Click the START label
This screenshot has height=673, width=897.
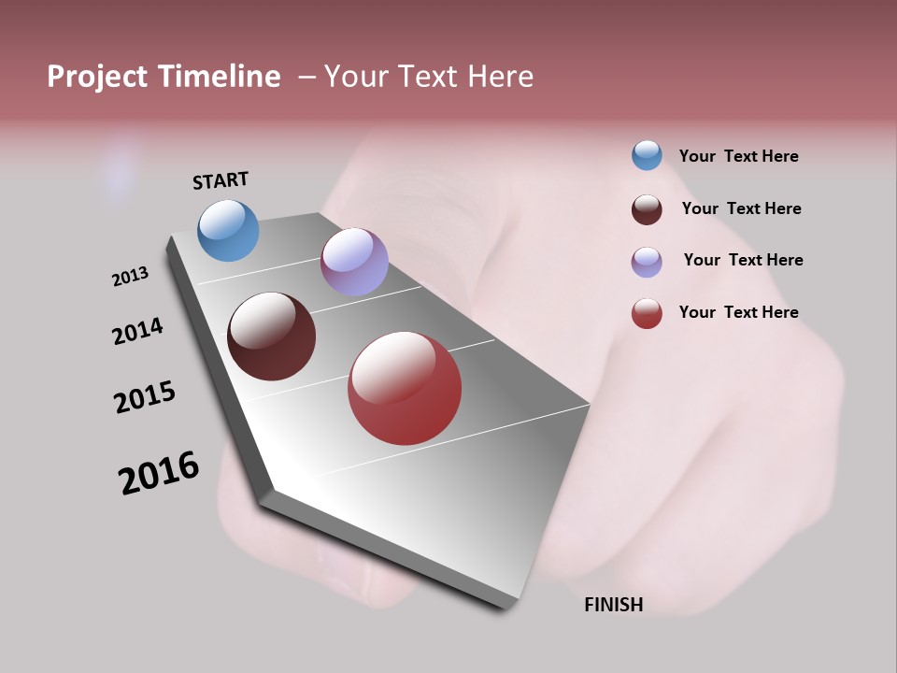point(221,180)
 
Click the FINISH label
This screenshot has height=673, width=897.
point(614,605)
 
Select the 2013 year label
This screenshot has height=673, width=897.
point(131,277)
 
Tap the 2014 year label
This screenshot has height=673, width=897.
point(138,332)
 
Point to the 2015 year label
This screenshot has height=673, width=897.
point(145,397)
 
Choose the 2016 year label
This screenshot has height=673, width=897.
point(159,473)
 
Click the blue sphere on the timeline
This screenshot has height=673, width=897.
point(228,230)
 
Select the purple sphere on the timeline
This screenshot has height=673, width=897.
point(354,262)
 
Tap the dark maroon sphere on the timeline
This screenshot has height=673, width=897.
point(271,336)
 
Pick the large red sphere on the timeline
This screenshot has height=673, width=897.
point(405,388)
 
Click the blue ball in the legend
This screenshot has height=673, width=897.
point(647,155)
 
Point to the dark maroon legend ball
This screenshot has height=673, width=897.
point(647,209)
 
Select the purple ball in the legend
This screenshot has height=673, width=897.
point(647,262)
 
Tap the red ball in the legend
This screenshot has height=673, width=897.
point(647,313)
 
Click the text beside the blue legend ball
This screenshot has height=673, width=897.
point(738,157)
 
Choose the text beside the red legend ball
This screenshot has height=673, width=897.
point(738,312)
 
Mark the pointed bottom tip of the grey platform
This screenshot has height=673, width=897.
point(505,606)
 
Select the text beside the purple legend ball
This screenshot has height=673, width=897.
point(743,260)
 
